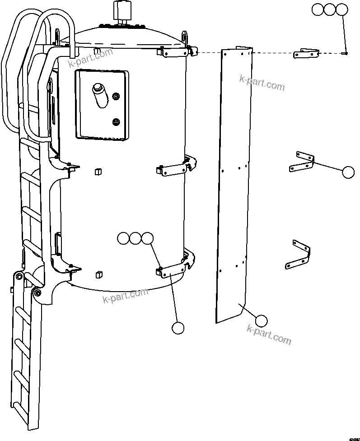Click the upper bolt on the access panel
tap(116, 96)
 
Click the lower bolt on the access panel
tap(116, 121)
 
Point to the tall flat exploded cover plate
tap(233, 181)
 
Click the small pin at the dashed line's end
tap(345, 54)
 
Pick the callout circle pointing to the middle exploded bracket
tap(348, 172)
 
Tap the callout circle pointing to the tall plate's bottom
tap(261, 321)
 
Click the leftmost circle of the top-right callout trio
tap(318, 9)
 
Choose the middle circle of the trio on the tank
tap(135, 238)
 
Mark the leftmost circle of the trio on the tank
tap(122, 238)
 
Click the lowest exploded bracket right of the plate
tap(299, 255)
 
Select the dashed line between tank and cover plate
tap(210, 53)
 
